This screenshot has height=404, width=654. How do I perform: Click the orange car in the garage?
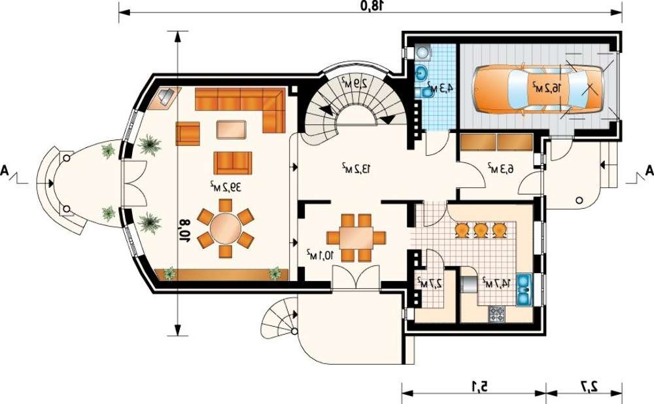pyautogui.click(x=538, y=88)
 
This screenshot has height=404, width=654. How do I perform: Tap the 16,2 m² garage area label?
pyautogui.click(x=547, y=87)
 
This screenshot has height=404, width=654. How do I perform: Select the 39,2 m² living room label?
pyautogui.click(x=225, y=187)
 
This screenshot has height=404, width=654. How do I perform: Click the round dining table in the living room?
pyautogui.click(x=225, y=228)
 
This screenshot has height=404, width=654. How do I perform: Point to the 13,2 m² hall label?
pyautogui.click(x=356, y=168)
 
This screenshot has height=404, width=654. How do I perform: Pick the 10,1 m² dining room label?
pyautogui.click(x=320, y=255)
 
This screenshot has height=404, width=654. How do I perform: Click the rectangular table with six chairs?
pyautogui.click(x=356, y=238)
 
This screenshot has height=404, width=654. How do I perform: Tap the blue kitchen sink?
pyautogui.click(x=524, y=289)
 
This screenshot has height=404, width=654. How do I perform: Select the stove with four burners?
pyautogui.click(x=497, y=314)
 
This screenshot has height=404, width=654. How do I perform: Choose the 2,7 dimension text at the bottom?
pyautogui.click(x=589, y=387)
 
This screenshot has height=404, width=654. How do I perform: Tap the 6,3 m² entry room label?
pyautogui.click(x=500, y=168)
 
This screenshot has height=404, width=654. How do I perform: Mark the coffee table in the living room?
pyautogui.click(x=231, y=130)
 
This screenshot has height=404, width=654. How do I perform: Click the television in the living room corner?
pyautogui.click(x=165, y=97)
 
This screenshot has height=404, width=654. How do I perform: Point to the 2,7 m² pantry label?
pyautogui.click(x=430, y=282)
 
